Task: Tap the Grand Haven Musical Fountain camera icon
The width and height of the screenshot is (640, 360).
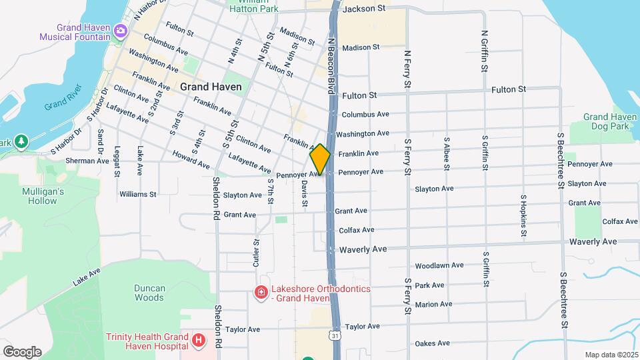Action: (x=121, y=30)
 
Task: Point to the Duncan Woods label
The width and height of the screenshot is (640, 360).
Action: (x=149, y=293)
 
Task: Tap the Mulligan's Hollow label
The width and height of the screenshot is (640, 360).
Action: (x=41, y=196)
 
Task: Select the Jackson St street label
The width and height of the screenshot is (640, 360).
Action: (x=363, y=9)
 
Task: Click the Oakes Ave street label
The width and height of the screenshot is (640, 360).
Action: (x=432, y=344)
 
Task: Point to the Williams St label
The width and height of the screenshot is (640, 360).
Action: (x=137, y=195)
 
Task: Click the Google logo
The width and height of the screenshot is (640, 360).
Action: (x=22, y=351)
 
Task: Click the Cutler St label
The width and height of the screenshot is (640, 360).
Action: (x=256, y=254)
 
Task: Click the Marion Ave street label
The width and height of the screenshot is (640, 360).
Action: (x=433, y=304)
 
